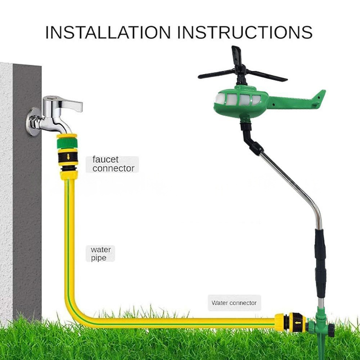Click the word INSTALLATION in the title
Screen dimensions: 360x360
click(x=108, y=32)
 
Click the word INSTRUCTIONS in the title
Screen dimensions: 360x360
click(x=245, y=32)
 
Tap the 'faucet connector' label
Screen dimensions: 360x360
click(x=113, y=164)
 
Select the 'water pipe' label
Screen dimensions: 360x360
click(x=100, y=253)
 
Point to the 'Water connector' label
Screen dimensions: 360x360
click(x=234, y=303)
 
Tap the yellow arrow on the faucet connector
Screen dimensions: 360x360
click(x=68, y=157)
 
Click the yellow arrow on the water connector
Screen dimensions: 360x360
click(x=298, y=323)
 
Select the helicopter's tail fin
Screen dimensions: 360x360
click(x=319, y=98)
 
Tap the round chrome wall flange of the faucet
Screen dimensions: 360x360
click(x=32, y=121)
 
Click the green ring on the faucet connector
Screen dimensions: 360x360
click(x=67, y=143)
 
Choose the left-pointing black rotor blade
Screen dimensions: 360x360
click(x=217, y=75)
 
